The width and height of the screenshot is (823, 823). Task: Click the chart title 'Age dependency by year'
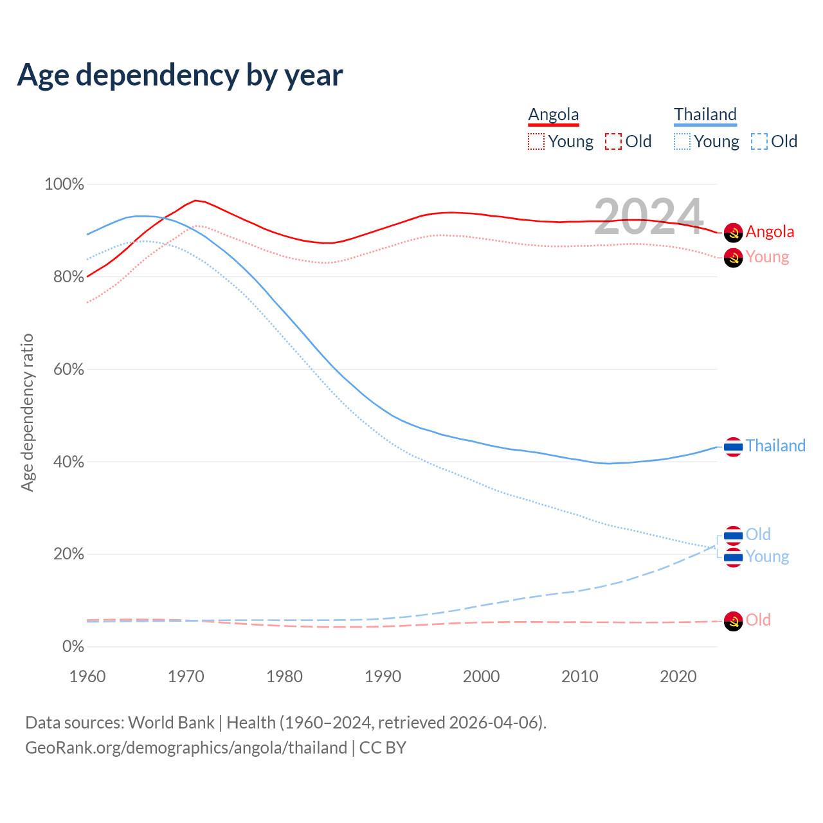[x=180, y=75]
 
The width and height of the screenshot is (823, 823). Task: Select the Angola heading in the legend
[x=554, y=114]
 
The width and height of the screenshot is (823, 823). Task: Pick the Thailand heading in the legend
[x=705, y=114]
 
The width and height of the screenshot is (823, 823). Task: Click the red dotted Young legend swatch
[x=536, y=141]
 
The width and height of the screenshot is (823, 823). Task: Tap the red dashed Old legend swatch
[x=613, y=141]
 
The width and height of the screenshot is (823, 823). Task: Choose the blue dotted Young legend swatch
[x=682, y=141]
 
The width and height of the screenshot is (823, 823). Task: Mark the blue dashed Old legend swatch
[x=759, y=141]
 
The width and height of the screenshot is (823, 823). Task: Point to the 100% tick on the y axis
[x=64, y=185]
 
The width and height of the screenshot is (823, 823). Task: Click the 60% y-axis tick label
[x=68, y=370]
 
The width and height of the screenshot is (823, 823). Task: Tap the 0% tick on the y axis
[x=73, y=647]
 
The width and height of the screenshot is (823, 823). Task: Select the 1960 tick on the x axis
[x=87, y=676]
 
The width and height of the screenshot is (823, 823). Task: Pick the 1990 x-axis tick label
[x=383, y=676]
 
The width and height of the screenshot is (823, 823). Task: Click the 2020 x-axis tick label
[x=678, y=676]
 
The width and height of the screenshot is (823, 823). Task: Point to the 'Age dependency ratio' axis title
[x=27, y=412]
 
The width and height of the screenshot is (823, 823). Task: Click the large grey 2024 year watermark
[x=649, y=217]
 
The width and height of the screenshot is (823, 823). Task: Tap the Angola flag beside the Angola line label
[x=734, y=233]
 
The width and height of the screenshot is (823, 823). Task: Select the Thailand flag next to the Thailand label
[x=734, y=446]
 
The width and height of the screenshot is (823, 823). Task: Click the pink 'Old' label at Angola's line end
[x=758, y=620]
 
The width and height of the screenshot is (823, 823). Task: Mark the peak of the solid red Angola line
[x=195, y=201]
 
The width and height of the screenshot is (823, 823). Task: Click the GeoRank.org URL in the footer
[x=186, y=748]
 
